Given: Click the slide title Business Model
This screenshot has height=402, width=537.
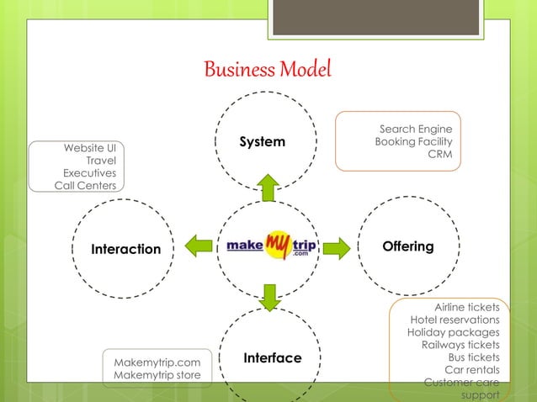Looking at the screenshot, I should click(268, 68).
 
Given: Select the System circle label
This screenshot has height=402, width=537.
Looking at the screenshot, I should click(262, 142).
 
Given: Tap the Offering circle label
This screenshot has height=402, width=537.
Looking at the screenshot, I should click(408, 246).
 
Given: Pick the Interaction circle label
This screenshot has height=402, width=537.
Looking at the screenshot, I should click(125, 249).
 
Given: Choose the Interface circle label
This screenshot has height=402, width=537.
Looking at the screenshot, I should click(272, 358).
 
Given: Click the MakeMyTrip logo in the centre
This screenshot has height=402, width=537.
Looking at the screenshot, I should click(268, 246).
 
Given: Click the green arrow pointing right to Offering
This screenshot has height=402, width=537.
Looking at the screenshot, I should click(336, 247).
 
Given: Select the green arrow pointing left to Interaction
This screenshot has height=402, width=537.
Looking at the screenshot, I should click(199, 246).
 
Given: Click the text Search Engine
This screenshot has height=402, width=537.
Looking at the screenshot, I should click(416, 129).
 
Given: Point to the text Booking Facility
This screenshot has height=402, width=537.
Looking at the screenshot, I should click(413, 142).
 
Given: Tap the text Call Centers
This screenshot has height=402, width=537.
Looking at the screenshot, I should click(86, 185).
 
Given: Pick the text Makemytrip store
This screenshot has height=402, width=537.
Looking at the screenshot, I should click(157, 375).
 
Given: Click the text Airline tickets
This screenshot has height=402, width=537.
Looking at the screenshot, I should click(466, 307).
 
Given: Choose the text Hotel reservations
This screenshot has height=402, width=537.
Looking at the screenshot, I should click(455, 320).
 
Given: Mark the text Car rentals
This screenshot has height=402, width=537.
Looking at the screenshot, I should click(471, 370).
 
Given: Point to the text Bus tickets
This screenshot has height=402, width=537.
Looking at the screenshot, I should click(474, 357).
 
